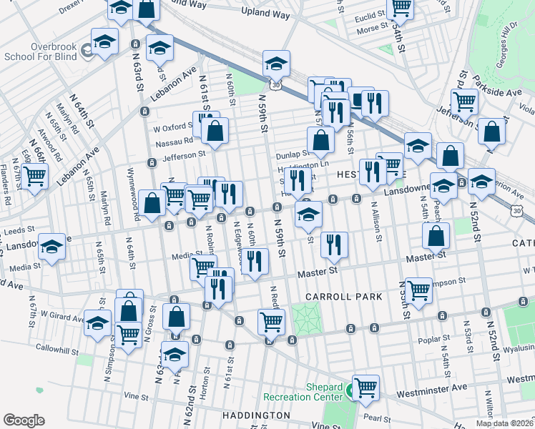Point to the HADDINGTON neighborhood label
[255, 415]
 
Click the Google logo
[24, 420]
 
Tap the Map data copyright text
[505, 423]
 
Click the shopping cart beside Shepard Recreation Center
[365, 387]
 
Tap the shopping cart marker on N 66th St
[34, 175]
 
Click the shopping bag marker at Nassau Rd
[215, 130]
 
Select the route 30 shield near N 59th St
[276, 85]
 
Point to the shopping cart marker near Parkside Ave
[465, 102]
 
